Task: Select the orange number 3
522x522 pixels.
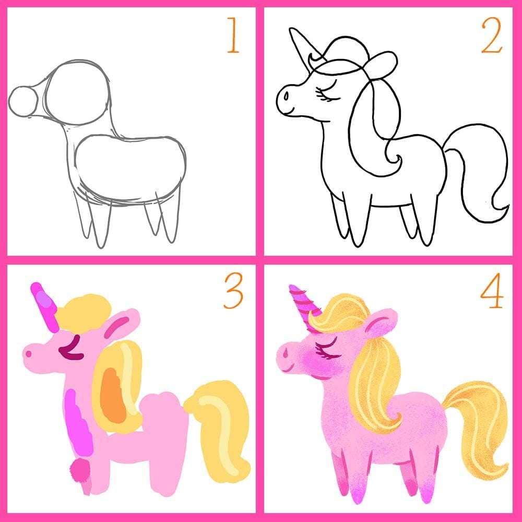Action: coord(233,293)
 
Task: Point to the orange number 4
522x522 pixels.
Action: coord(492,294)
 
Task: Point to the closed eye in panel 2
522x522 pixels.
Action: coord(328,94)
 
